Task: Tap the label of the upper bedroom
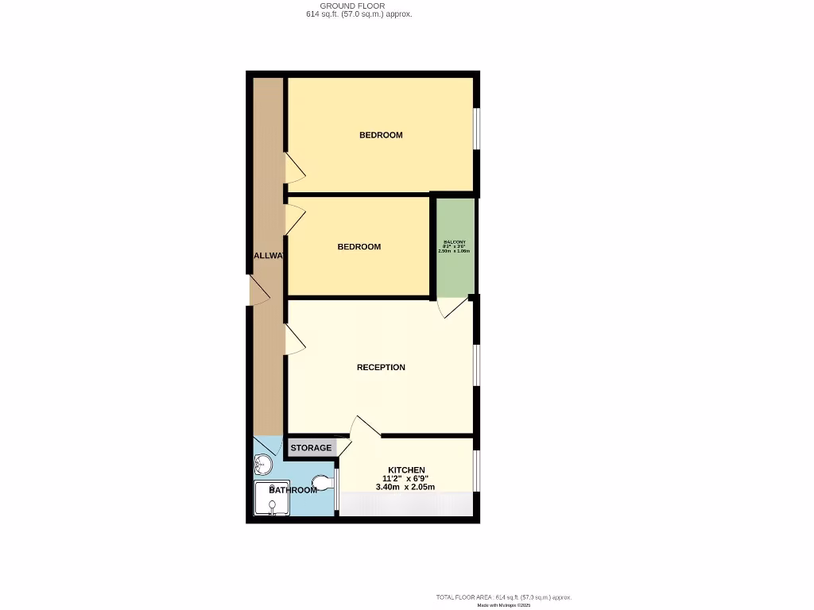(x=381, y=135)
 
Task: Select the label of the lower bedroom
(x=359, y=247)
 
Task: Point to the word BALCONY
(x=455, y=241)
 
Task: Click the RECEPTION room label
(x=381, y=367)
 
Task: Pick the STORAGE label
(x=311, y=448)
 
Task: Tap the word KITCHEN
(x=406, y=469)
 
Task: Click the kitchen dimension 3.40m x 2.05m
(x=405, y=487)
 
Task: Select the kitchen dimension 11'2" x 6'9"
(x=406, y=478)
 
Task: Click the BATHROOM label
(x=293, y=490)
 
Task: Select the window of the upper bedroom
(x=477, y=128)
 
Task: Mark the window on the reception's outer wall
(x=477, y=365)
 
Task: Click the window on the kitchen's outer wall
(x=477, y=471)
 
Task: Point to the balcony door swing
(x=452, y=308)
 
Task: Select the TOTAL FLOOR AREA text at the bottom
(x=503, y=597)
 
